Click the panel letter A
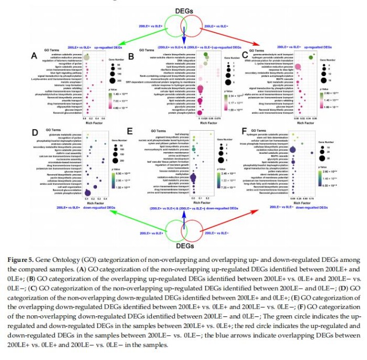point(34,56)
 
